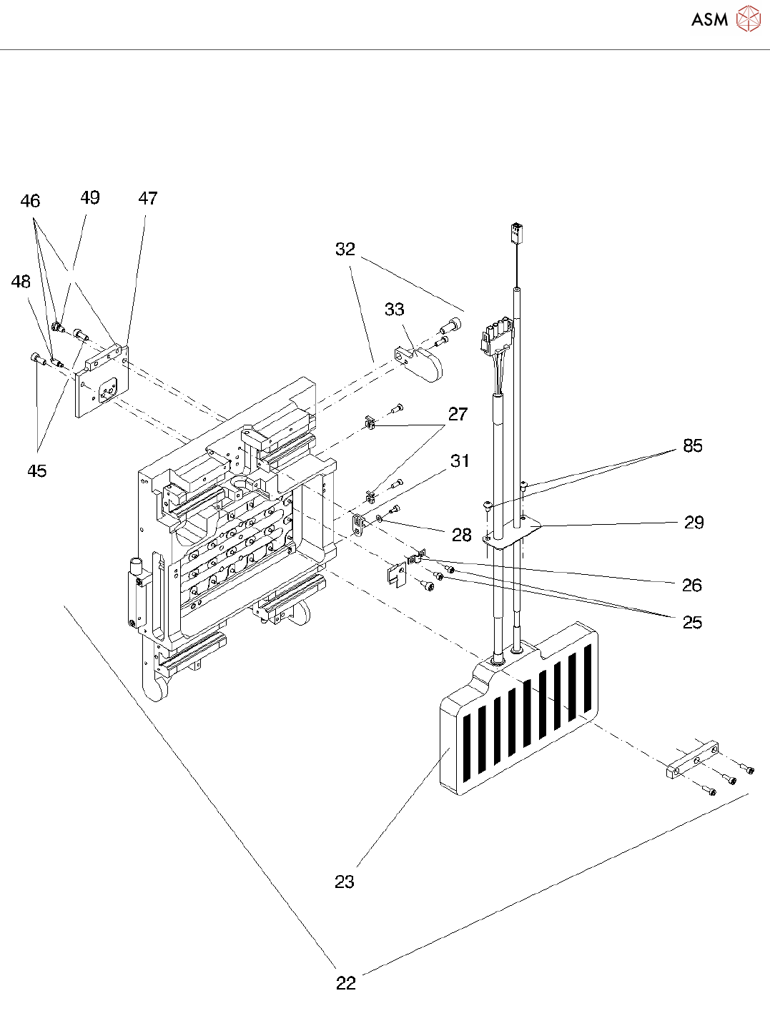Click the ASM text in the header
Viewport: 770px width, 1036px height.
pyautogui.click(x=709, y=19)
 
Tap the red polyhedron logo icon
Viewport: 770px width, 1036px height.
pyautogui.click(x=748, y=19)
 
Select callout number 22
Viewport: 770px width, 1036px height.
pyautogui.click(x=346, y=983)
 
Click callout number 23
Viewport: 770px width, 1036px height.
pyautogui.click(x=345, y=882)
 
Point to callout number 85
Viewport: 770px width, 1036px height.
pyautogui.click(x=693, y=445)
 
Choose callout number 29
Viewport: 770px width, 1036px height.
pyautogui.click(x=694, y=522)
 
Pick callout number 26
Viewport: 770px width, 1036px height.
pyautogui.click(x=692, y=585)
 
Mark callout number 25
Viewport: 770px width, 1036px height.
pyautogui.click(x=693, y=622)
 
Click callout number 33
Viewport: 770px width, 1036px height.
pyautogui.click(x=395, y=309)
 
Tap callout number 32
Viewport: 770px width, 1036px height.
pyautogui.click(x=345, y=249)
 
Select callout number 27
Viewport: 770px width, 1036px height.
pyautogui.click(x=458, y=414)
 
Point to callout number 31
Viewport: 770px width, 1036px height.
pyautogui.click(x=460, y=461)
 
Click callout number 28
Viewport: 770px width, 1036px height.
pyautogui.click(x=462, y=535)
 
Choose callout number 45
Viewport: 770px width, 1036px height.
pyautogui.click(x=37, y=471)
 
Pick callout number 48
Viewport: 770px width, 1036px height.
pyautogui.click(x=21, y=282)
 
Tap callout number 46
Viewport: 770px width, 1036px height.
pyautogui.click(x=30, y=201)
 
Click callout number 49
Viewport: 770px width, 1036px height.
pyautogui.click(x=90, y=197)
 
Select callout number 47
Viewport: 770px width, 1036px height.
pyautogui.click(x=148, y=198)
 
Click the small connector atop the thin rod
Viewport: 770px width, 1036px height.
pyautogui.click(x=516, y=233)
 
